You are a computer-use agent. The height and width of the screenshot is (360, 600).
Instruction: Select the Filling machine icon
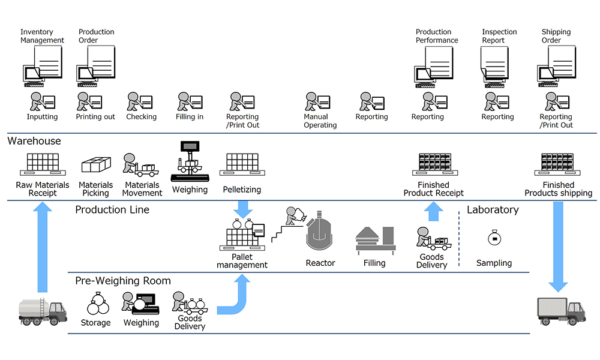point(375,239)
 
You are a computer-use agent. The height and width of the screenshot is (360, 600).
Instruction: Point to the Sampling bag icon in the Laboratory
point(493,238)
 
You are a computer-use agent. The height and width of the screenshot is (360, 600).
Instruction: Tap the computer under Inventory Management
point(32,74)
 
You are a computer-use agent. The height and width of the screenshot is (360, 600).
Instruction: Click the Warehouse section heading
point(34,141)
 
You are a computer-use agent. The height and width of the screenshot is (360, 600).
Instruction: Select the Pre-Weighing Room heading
point(123,281)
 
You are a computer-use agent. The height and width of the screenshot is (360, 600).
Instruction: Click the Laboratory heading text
point(493,210)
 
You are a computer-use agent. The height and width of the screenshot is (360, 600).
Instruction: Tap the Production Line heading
point(112,210)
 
